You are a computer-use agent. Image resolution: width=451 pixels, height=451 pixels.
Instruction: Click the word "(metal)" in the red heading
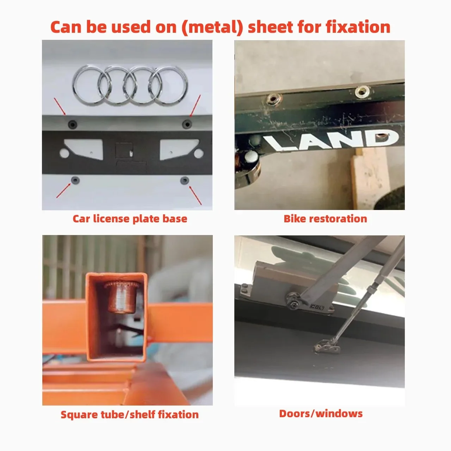point(212,27)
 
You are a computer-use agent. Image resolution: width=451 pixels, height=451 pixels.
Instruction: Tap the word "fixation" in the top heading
point(358,27)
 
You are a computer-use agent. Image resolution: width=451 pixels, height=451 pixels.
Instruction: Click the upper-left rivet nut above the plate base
point(73,124)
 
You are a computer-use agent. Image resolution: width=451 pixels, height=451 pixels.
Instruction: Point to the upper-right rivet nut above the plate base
point(187,124)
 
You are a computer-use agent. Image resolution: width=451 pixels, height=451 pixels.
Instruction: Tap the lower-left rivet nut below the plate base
point(75,180)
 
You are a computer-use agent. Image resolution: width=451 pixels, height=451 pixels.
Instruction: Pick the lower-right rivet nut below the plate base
point(185,180)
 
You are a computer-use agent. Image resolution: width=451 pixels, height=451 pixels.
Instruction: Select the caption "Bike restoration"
point(325,219)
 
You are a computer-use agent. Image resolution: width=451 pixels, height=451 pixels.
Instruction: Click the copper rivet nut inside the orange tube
point(122,297)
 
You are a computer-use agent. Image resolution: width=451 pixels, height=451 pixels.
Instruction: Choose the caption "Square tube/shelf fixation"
point(130,414)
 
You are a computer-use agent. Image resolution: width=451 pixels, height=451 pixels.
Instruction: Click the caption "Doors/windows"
point(321,414)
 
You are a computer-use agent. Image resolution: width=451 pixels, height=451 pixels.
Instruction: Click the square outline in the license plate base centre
point(124,150)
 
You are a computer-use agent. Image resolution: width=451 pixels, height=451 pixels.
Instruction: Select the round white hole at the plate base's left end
point(64,153)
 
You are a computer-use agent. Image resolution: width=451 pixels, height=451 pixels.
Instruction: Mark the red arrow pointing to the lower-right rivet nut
point(195,195)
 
